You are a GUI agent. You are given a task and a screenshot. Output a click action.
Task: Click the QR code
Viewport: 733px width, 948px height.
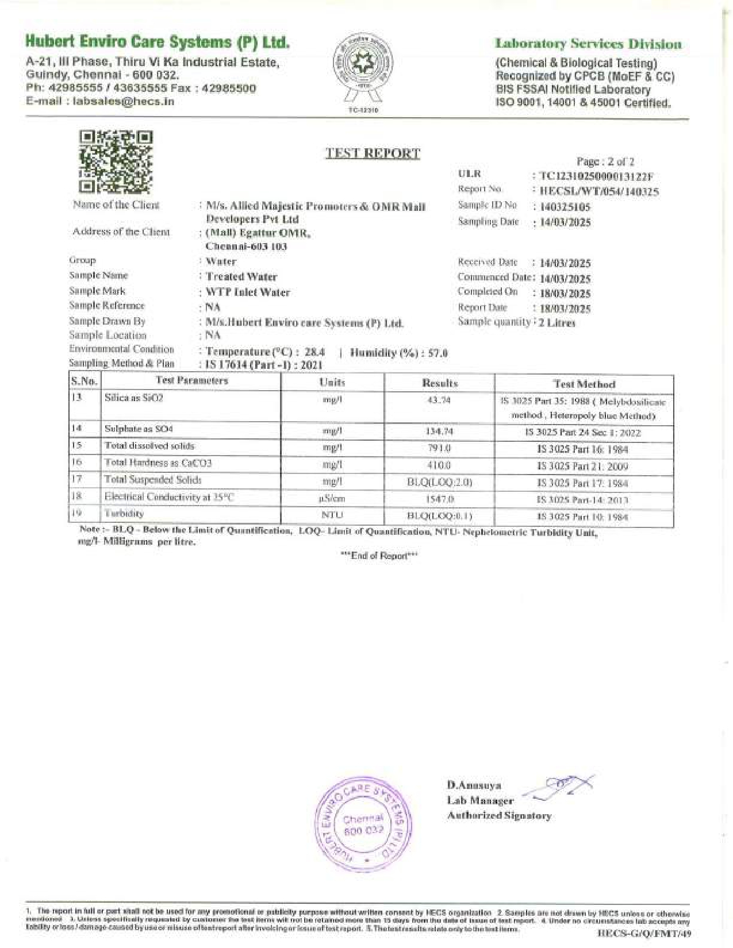(x=116, y=161)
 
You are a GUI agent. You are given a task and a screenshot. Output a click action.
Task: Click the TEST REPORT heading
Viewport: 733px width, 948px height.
(x=373, y=153)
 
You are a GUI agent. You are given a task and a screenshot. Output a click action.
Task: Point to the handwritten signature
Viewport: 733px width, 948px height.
(x=561, y=787)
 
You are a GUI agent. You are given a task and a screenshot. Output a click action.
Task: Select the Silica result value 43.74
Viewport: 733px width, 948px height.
(x=439, y=400)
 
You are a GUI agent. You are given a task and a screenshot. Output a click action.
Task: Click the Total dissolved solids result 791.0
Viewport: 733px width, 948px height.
(x=439, y=448)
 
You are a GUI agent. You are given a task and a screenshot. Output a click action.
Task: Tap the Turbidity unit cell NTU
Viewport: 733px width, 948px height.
(x=332, y=515)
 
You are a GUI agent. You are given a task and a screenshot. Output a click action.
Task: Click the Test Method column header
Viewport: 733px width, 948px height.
(x=584, y=384)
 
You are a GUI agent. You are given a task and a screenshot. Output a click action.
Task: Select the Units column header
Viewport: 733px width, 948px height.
(x=332, y=383)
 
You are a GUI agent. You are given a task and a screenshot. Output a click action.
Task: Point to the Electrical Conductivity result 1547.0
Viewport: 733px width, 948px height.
(x=439, y=499)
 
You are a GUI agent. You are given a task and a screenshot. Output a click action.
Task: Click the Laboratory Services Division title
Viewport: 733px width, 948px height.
(x=589, y=44)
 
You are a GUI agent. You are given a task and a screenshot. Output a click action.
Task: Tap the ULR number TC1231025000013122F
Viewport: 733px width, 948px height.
(x=596, y=176)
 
